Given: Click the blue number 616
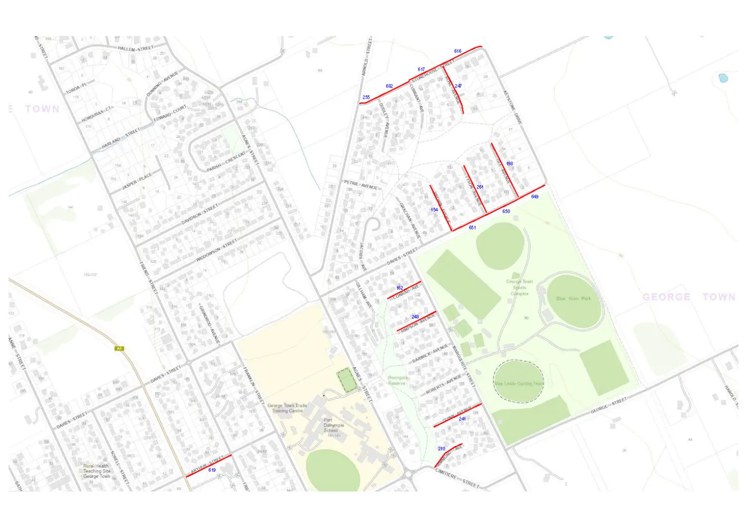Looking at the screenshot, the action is pyautogui.click(x=458, y=51).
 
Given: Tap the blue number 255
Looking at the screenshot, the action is pyautogui.click(x=366, y=98).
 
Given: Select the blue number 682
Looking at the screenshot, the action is pyautogui.click(x=389, y=86).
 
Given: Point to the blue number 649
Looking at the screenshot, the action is pyautogui.click(x=535, y=197).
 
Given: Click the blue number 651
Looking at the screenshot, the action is pyautogui.click(x=472, y=227).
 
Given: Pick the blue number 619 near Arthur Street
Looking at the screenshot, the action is pyautogui.click(x=212, y=470).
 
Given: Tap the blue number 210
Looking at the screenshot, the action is pyautogui.click(x=442, y=449).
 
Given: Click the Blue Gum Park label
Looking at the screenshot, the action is pyautogui.click(x=573, y=299).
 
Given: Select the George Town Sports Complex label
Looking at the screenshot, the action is pyautogui.click(x=520, y=288).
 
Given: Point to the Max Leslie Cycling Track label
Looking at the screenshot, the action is pyautogui.click(x=519, y=384).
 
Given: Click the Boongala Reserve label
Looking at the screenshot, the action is pyautogui.click(x=397, y=381).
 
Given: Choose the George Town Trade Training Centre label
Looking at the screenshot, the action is pyautogui.click(x=287, y=408).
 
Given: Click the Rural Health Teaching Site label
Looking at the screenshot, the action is pyautogui.click(x=96, y=471).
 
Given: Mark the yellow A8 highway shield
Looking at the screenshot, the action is pyautogui.click(x=119, y=348).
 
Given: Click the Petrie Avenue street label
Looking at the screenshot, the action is pyautogui.click(x=362, y=185).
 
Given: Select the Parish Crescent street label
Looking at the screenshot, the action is pyautogui.click(x=226, y=162).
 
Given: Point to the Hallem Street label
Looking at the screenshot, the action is pyautogui.click(x=136, y=49).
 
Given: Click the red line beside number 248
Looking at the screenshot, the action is pyautogui.click(x=417, y=321).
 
